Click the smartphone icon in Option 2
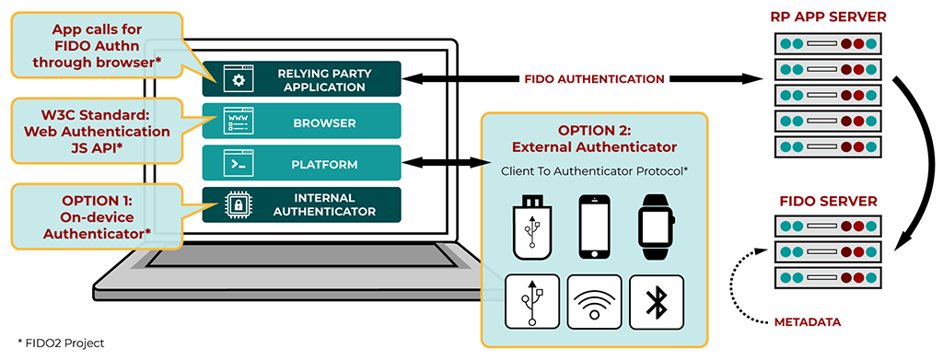[x=593, y=226]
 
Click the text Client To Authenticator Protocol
[x=593, y=171]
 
